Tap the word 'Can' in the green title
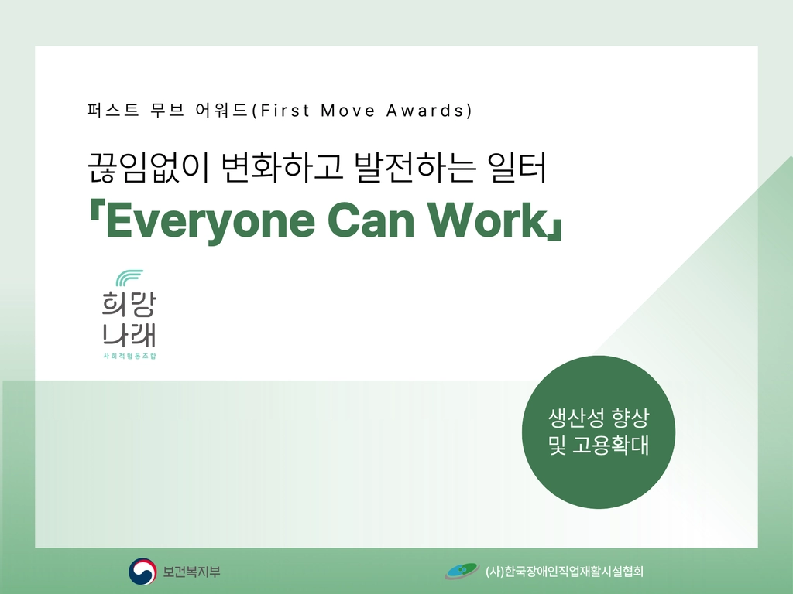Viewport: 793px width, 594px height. tap(371, 220)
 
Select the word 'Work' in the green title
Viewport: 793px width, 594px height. tap(486, 220)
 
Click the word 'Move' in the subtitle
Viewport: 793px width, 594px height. tap(348, 110)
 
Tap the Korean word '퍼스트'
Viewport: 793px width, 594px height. tap(113, 110)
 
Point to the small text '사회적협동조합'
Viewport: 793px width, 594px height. tap(129, 356)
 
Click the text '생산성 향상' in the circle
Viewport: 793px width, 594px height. tap(599, 417)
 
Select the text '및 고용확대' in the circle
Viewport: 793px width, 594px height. tap(599, 445)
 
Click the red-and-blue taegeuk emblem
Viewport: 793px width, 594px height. tap(142, 572)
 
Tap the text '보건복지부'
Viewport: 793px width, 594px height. tap(192, 572)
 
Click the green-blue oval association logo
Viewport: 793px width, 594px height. tap(462, 572)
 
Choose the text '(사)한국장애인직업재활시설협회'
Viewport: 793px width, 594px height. tap(565, 572)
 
